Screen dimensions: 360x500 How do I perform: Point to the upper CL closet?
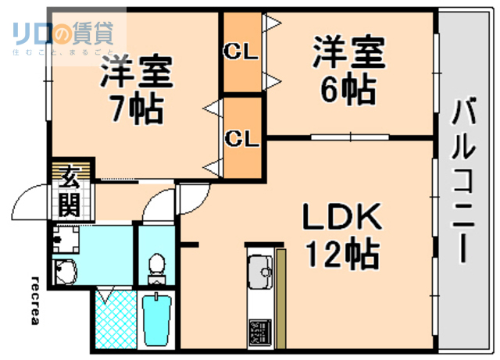click(241, 53)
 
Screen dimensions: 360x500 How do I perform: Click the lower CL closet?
click(241, 138)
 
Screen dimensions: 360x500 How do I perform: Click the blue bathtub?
click(158, 321)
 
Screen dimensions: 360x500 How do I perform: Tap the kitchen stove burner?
click(259, 332)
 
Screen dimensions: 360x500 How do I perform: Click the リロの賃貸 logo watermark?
click(62, 36)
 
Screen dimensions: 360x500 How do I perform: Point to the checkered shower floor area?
click(114, 321)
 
